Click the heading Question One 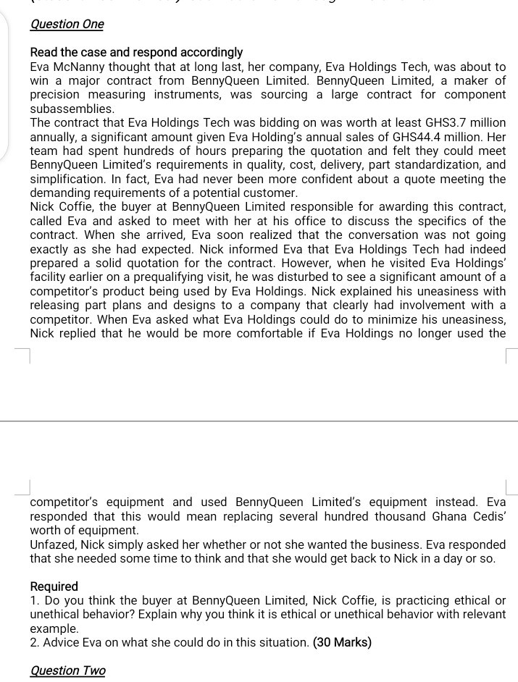pyautogui.click(x=67, y=24)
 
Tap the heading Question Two pyautogui.click(x=67, y=670)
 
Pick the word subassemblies pyautogui.click(x=71, y=109)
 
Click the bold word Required pyautogui.click(x=54, y=586)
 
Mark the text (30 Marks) pyautogui.click(x=342, y=642)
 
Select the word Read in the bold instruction pyautogui.click(x=43, y=52)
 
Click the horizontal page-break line pyautogui.click(x=259, y=421)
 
